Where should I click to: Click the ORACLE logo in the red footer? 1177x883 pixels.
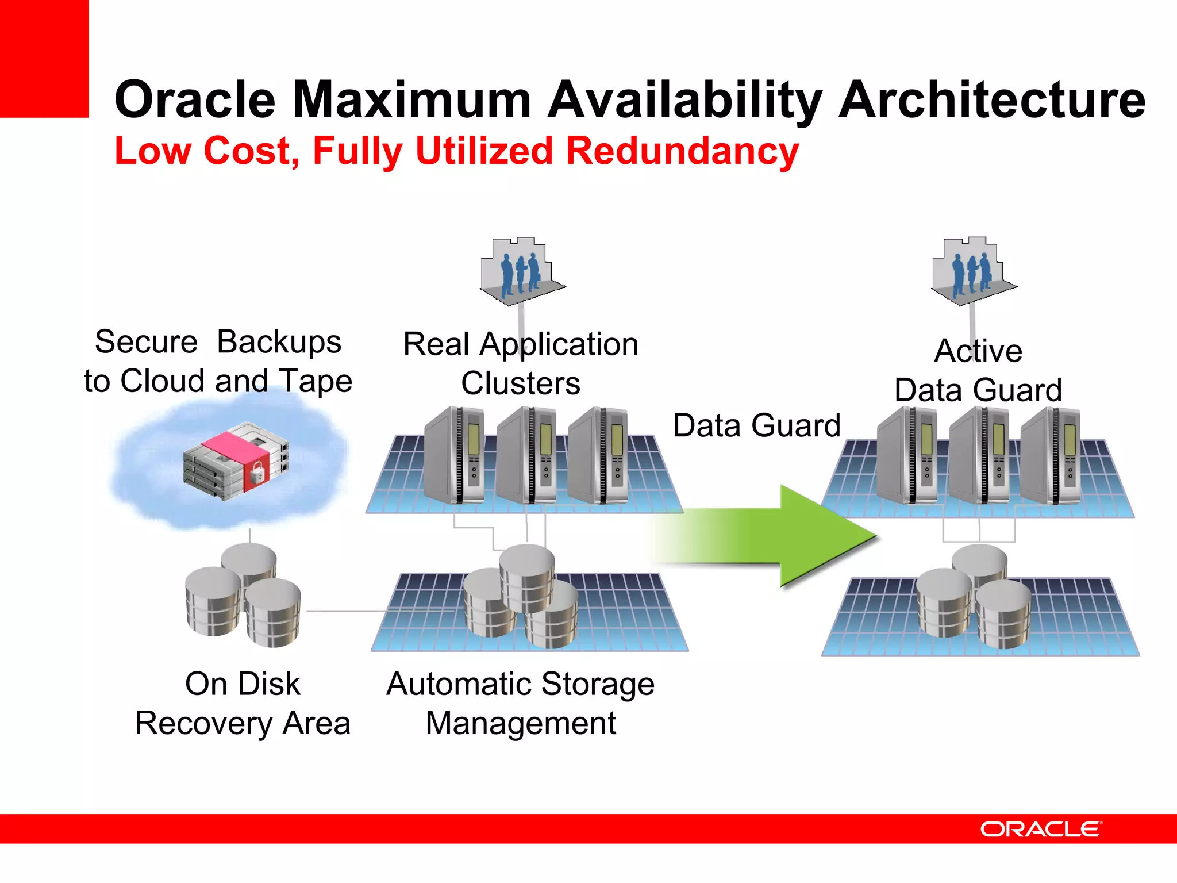click(1040, 829)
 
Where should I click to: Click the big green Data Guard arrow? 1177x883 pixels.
click(793, 537)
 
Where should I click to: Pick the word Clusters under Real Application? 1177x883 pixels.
click(521, 383)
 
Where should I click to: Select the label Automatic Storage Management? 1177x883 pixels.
click(521, 703)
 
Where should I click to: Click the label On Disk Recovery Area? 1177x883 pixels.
click(243, 703)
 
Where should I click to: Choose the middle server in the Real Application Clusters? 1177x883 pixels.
click(526, 455)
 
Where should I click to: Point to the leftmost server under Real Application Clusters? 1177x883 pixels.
click(454, 455)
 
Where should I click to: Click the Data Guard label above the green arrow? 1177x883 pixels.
click(756, 425)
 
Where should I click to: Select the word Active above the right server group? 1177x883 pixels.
click(978, 351)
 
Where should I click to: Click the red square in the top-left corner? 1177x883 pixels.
click(44, 59)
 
